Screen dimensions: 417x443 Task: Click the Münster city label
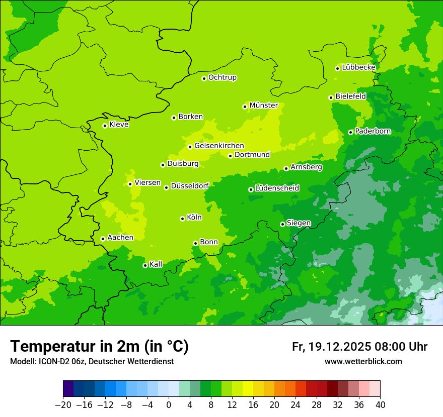coord(263,106)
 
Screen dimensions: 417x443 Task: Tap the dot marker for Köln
coord(182,219)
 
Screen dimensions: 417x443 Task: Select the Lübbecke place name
coord(358,67)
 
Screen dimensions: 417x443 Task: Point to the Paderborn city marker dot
coord(350,132)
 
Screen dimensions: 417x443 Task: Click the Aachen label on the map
coord(120,238)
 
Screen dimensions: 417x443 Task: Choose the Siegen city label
coord(299,223)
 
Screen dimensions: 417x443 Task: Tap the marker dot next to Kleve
coord(105,126)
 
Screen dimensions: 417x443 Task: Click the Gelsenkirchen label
coord(219,146)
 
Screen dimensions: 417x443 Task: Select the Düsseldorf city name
coord(190,186)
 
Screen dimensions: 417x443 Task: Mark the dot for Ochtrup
coord(204,78)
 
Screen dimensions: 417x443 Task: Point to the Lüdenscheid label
coord(277,188)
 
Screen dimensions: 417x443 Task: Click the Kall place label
coord(156,264)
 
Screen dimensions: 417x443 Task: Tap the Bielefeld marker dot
coord(331,97)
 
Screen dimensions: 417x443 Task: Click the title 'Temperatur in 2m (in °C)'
coord(99,347)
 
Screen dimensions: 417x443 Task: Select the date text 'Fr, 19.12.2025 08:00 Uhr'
coord(359,347)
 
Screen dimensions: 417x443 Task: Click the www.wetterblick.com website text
coord(363,362)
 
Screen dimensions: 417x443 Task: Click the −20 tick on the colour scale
coord(63,405)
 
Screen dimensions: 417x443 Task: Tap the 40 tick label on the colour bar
coord(380,405)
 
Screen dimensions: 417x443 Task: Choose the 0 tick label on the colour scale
coord(169,405)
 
